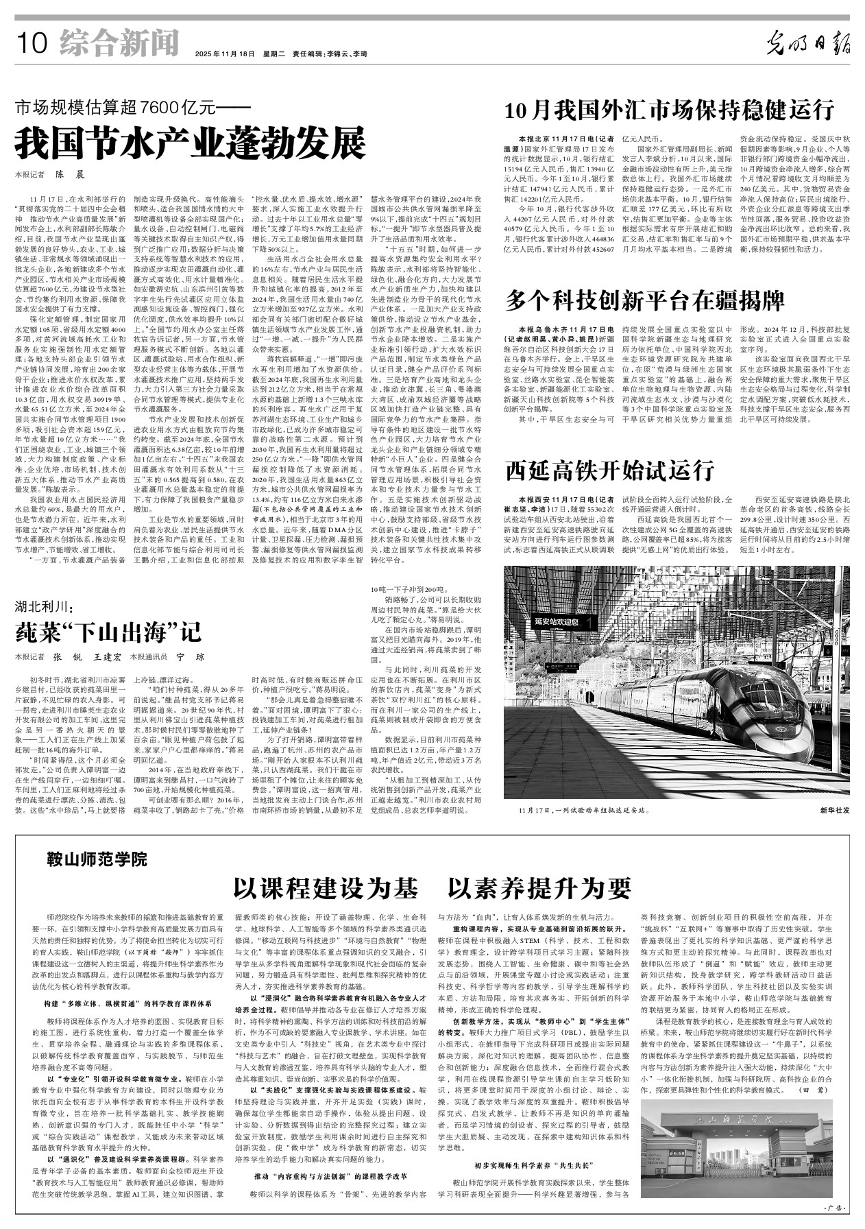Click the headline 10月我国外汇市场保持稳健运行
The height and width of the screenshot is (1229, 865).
point(669,110)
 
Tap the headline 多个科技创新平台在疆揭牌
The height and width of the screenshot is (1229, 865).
point(645,300)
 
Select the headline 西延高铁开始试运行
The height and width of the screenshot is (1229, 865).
point(610,470)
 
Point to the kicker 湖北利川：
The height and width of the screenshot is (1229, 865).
point(45,606)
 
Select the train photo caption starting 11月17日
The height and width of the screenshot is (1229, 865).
point(583,810)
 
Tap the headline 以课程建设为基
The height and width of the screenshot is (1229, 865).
point(326,888)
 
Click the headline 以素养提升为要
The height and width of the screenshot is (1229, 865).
point(539,888)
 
